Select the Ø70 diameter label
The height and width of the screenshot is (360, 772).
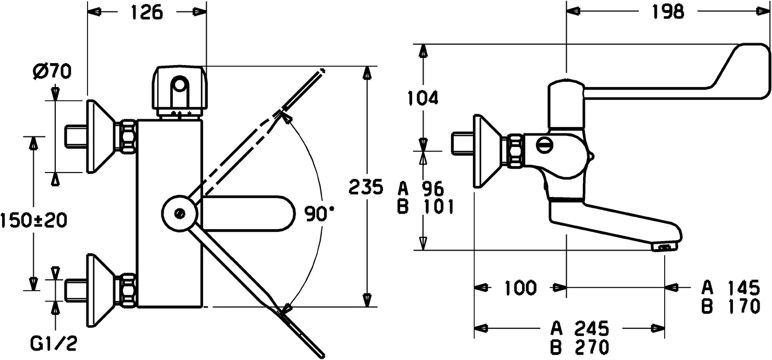click(54, 72)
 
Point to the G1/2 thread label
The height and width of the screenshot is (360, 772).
click(54, 344)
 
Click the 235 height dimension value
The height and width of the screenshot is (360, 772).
click(366, 187)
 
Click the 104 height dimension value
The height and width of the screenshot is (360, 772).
click(422, 97)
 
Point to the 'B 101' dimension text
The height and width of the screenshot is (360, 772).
click(425, 207)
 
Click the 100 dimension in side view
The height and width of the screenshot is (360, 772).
click(520, 287)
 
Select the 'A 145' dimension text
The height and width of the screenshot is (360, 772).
click(730, 287)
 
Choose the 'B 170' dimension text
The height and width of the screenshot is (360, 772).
click(730, 307)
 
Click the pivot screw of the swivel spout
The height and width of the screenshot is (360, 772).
click(180, 213)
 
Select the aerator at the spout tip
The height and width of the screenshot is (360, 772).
click(665, 247)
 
